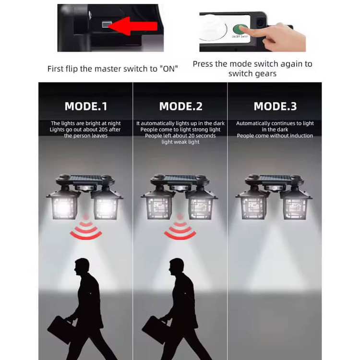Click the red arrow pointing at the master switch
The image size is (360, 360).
(132, 26)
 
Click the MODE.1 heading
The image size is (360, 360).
(86, 107)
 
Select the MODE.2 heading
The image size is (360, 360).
(181, 107)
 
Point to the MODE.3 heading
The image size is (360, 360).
(275, 107)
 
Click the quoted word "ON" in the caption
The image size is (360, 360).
(169, 69)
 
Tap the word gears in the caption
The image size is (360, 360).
(266, 74)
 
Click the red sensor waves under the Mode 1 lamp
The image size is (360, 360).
(86, 229)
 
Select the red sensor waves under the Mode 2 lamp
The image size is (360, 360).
(180, 229)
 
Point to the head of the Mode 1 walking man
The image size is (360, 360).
(82, 266)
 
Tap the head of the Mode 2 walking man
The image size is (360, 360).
(176, 266)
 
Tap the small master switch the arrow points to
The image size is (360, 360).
(107, 24)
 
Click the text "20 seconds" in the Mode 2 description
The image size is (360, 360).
(202, 136)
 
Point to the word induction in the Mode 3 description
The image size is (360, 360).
(301, 136)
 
